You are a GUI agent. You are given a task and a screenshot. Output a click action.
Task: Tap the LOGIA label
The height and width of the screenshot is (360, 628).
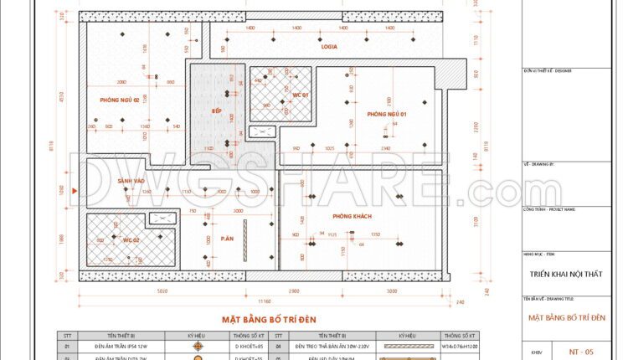tap(329, 47)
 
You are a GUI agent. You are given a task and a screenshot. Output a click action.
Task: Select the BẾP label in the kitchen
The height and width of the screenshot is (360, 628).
tap(215, 111)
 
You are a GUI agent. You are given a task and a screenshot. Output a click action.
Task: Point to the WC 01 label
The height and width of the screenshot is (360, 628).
tap(301, 95)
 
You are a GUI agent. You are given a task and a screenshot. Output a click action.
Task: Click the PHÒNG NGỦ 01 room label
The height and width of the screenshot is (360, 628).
tap(387, 114)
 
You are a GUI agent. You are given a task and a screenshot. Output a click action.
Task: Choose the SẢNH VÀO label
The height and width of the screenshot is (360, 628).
tap(131, 181)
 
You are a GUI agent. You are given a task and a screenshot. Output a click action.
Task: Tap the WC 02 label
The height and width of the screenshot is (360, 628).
tap(131, 240)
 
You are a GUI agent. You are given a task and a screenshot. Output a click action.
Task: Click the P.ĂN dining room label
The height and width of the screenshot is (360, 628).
tap(227, 239)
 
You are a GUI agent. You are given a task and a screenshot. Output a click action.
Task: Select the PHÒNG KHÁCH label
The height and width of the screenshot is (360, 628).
tap(352, 217)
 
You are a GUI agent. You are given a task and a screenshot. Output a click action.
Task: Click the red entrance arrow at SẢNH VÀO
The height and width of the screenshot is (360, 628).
tap(76, 193)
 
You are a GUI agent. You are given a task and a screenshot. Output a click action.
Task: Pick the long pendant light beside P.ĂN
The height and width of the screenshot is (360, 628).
tap(245, 234)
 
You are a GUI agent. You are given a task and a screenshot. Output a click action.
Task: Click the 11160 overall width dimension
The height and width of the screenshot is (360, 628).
tap(265, 301)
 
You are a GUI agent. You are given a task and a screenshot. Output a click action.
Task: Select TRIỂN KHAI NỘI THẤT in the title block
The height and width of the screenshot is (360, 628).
tap(567, 272)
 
